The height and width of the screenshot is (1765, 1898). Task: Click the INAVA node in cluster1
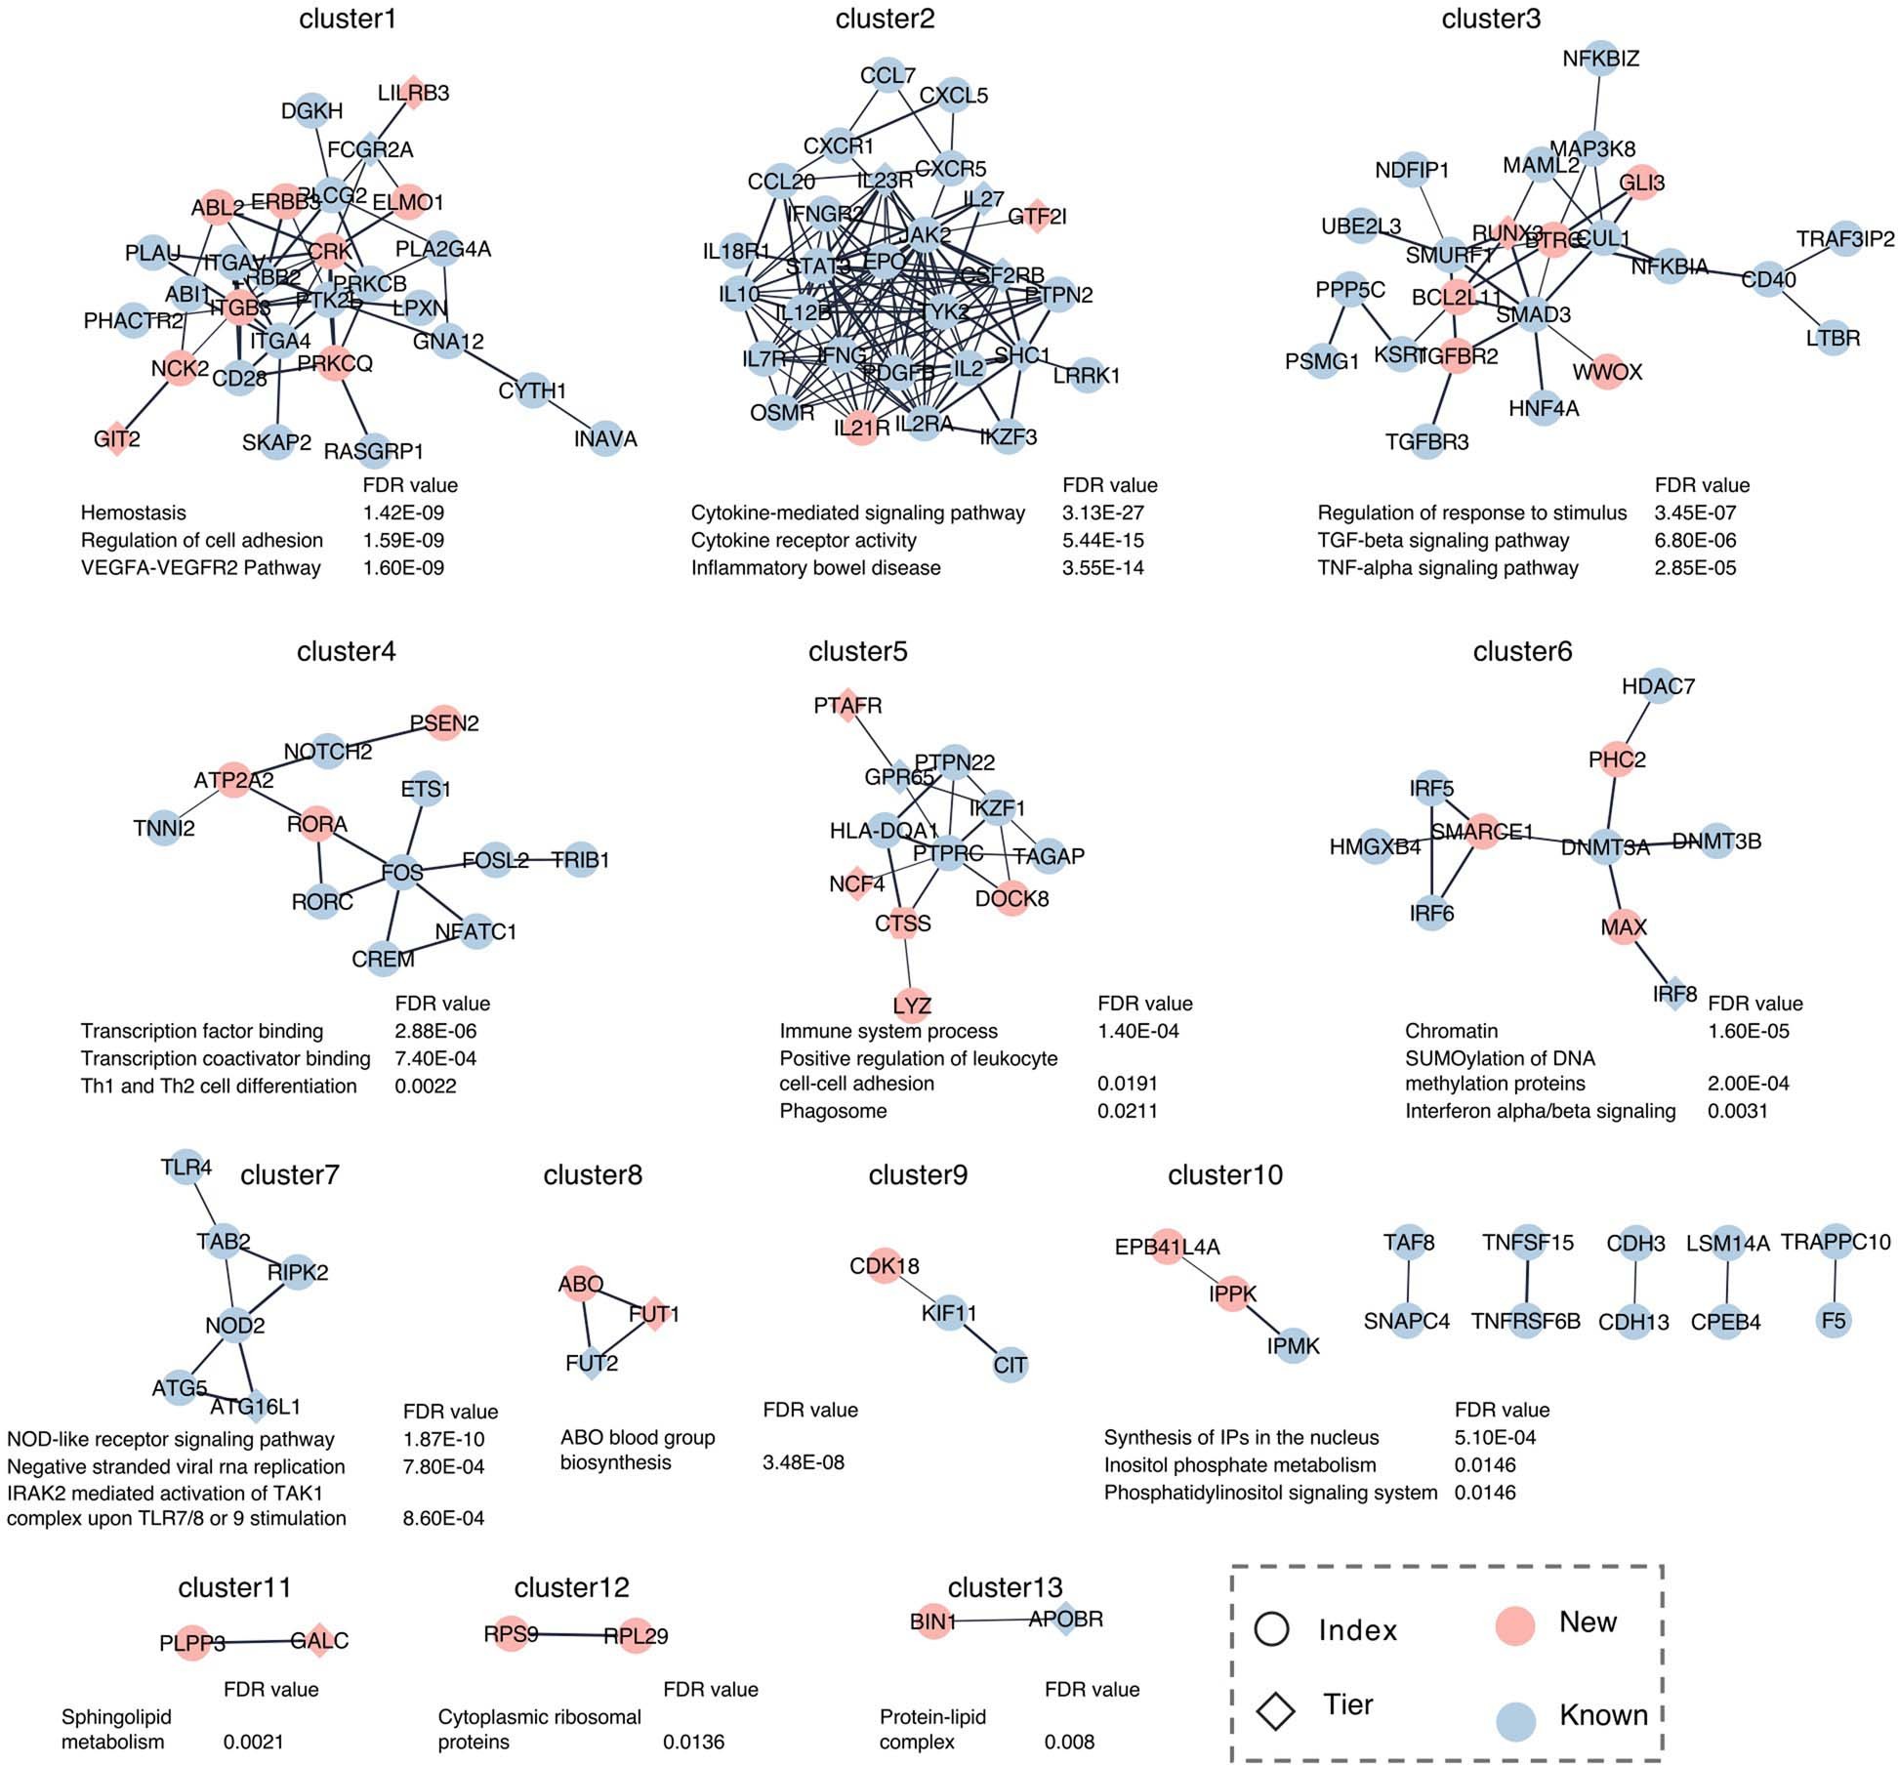[x=605, y=439]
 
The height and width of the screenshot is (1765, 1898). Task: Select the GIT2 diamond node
[x=117, y=439]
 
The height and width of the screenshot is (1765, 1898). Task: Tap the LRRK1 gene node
[x=1087, y=375]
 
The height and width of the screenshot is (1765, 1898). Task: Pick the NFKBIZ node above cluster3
[x=1600, y=59]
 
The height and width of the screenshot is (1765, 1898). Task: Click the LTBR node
[x=1833, y=339]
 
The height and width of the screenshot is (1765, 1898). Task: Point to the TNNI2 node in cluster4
[x=164, y=829]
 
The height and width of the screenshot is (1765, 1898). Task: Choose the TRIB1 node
[x=580, y=860]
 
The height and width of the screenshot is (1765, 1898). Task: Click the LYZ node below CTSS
[x=912, y=1005]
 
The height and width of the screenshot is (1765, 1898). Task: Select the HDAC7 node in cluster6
[x=1658, y=686]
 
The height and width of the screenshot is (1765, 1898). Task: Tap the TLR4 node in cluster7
[x=186, y=1167]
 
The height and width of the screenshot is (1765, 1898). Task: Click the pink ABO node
[x=581, y=1284]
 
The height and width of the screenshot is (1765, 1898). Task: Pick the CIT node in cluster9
[x=1010, y=1364]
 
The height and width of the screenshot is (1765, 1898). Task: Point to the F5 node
[x=1834, y=1321]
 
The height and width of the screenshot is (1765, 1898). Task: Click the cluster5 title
[x=857, y=651]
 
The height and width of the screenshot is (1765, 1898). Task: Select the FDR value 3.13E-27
[x=1102, y=513]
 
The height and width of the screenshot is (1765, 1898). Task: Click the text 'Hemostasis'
[x=133, y=513]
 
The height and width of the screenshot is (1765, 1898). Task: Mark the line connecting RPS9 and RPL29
[x=573, y=1635]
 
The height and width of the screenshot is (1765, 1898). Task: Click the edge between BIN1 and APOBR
[x=996, y=1621]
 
